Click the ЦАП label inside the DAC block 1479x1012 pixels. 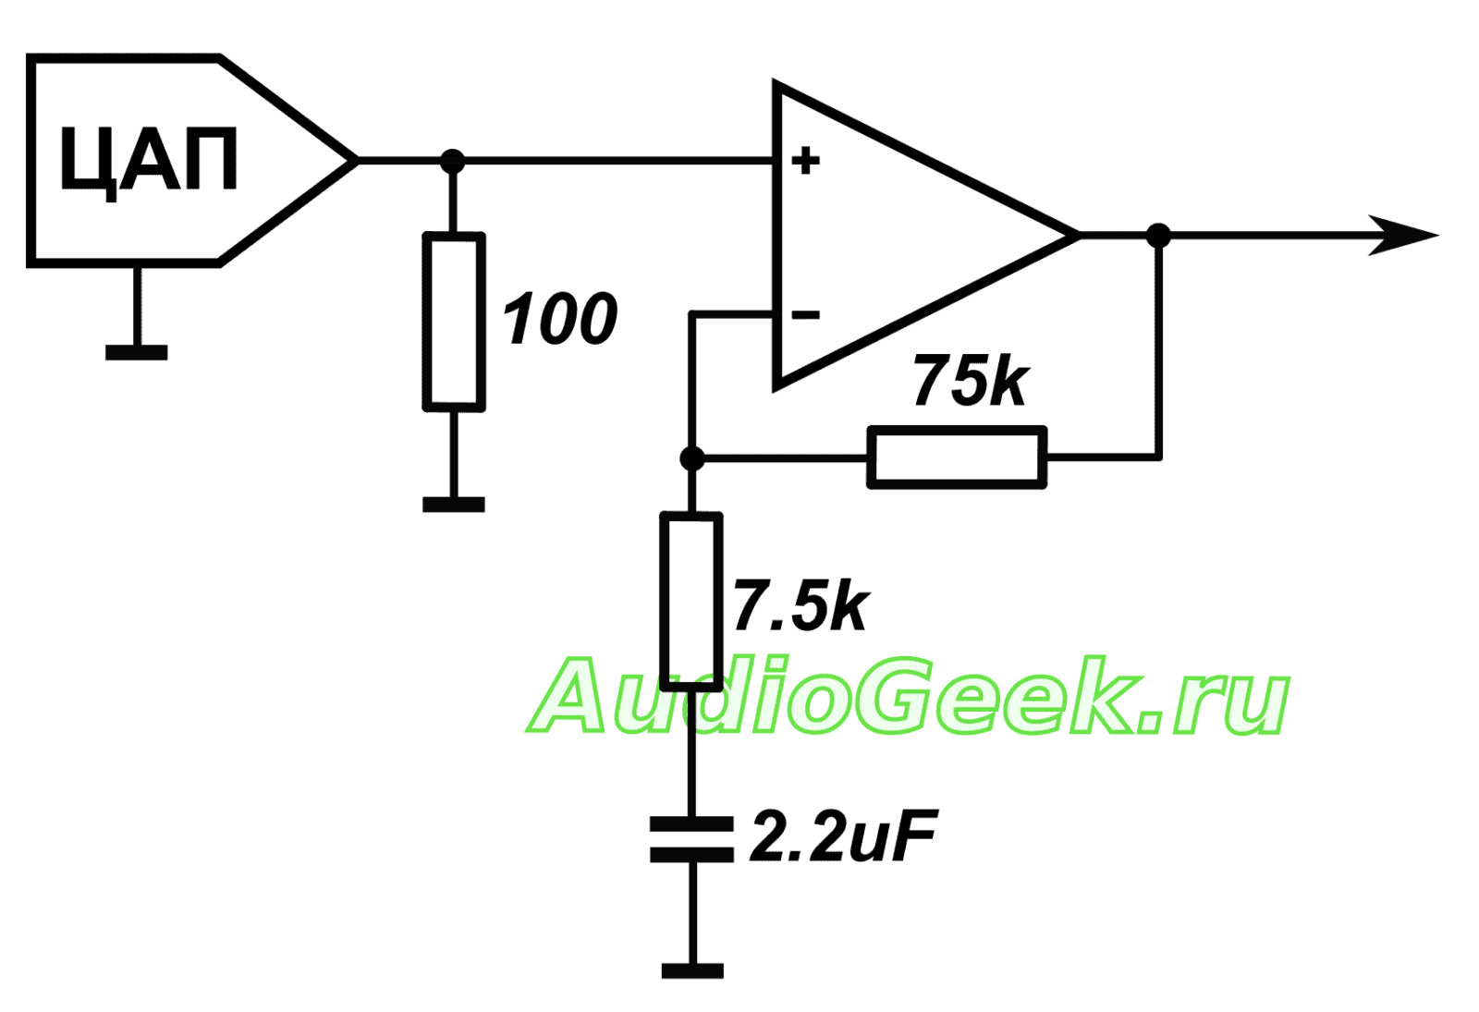click(148, 160)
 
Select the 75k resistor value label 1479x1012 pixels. click(970, 380)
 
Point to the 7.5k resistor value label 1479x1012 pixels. click(801, 607)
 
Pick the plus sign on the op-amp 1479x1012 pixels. click(805, 161)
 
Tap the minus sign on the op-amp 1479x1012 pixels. click(805, 316)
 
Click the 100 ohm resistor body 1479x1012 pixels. click(454, 321)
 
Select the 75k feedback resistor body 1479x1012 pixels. click(957, 457)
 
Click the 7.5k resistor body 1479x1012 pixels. click(691, 601)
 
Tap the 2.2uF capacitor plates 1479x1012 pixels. click(691, 839)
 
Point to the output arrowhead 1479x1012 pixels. click(1405, 236)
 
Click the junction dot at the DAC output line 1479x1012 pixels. click(452, 161)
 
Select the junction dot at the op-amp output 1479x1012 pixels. click(1158, 236)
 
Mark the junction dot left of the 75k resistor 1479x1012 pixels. click(691, 457)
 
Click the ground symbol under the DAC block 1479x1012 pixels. click(137, 351)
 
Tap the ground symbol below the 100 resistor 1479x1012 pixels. click(454, 504)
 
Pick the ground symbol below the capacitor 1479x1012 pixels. click(692, 970)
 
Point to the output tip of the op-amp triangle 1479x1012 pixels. click(1077, 236)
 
